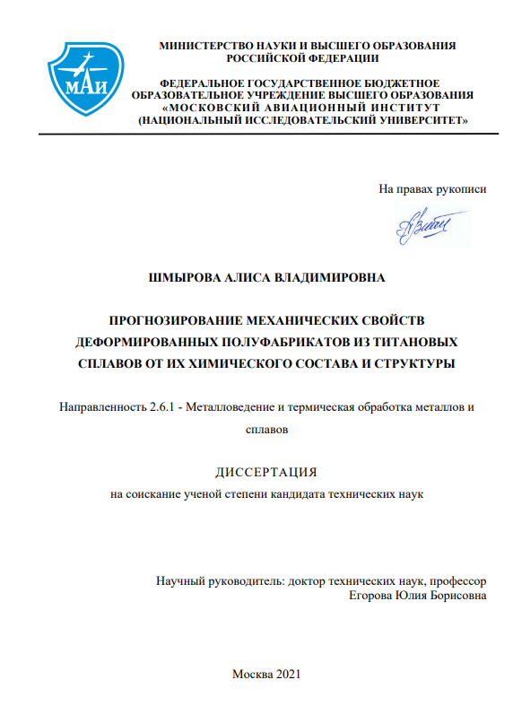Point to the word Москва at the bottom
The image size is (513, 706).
249,674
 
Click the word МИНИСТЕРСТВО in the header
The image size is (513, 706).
204,46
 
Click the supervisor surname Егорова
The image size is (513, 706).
380,594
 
